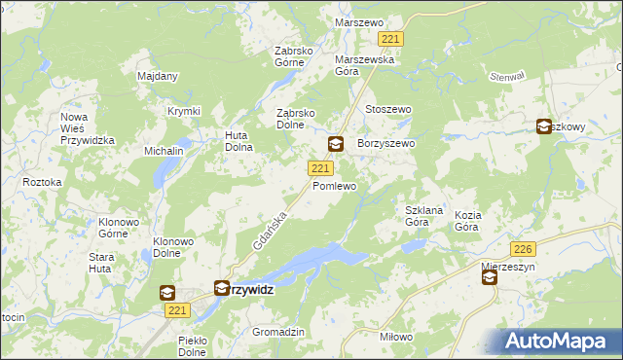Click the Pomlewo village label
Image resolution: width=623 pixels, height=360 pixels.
(x=334, y=185)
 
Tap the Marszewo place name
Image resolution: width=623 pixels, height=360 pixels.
(x=360, y=21)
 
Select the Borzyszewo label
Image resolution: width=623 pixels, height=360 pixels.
(x=386, y=143)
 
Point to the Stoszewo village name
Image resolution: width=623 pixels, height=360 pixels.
(x=387, y=110)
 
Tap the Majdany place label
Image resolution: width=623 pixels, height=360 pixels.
(x=157, y=76)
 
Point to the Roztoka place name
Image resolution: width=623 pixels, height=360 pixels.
(x=42, y=182)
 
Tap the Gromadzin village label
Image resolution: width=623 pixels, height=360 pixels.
(x=278, y=332)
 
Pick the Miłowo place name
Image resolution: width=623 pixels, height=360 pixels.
(x=396, y=337)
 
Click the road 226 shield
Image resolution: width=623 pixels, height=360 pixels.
(x=524, y=249)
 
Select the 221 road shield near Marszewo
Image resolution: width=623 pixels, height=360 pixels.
(x=391, y=39)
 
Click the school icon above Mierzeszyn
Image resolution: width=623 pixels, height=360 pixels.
(x=489, y=278)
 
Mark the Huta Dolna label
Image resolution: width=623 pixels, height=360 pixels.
(x=239, y=141)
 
